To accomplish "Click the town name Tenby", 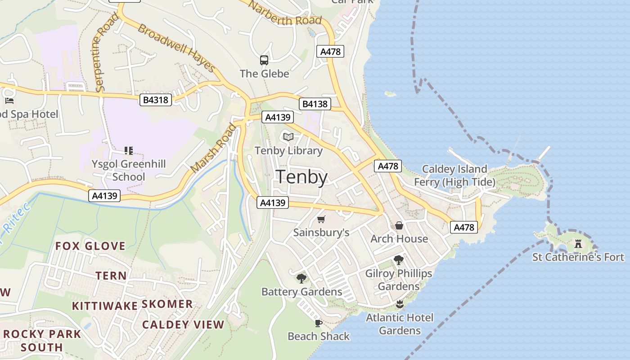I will click(x=301, y=177).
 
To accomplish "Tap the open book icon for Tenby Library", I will click(x=288, y=137).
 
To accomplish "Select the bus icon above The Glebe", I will click(x=264, y=60).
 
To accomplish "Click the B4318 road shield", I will click(x=156, y=99).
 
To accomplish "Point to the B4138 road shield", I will click(x=315, y=104).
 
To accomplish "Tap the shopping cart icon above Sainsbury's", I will click(x=321, y=220).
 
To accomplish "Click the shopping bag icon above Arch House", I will click(x=399, y=225).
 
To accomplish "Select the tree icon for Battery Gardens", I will click(x=301, y=279).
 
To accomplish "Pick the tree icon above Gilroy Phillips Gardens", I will click(x=398, y=260).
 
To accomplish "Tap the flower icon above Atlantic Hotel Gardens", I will click(x=399, y=304).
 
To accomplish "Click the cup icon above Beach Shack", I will click(x=318, y=323).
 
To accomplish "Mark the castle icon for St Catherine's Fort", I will click(x=578, y=244).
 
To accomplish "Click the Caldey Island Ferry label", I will click(x=454, y=175).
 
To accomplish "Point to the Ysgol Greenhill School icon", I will click(x=129, y=150).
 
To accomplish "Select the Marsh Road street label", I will click(x=213, y=148).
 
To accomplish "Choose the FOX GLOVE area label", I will click(x=90, y=246).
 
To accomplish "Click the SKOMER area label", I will click(x=167, y=304).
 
